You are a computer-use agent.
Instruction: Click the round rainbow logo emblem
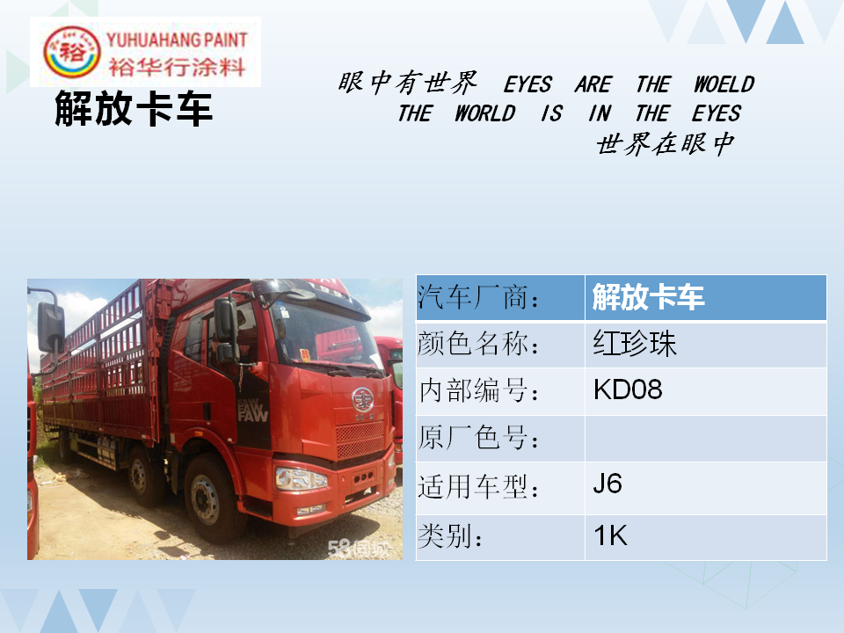[71, 52]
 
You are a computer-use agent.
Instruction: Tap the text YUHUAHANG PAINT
[177, 40]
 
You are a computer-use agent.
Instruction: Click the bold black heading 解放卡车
[134, 109]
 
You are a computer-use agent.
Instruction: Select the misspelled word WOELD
[724, 84]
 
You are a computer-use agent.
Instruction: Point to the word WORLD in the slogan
[485, 113]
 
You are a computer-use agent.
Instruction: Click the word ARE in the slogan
[593, 84]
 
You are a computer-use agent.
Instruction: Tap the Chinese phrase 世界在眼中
[666, 143]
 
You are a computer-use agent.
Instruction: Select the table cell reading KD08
[706, 391]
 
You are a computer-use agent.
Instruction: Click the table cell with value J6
[706, 488]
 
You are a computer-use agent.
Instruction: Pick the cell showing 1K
[706, 537]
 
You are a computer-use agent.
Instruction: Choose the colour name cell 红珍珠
[706, 345]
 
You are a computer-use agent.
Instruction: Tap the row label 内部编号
[478, 390]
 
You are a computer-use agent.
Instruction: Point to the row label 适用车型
[478, 487]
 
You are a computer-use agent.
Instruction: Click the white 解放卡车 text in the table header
[648, 296]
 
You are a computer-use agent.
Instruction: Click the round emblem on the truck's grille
[362, 400]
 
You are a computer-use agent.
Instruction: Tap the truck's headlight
[302, 478]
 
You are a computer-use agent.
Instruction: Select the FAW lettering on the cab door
[252, 411]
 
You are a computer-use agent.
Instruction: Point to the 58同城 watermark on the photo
[358, 548]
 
